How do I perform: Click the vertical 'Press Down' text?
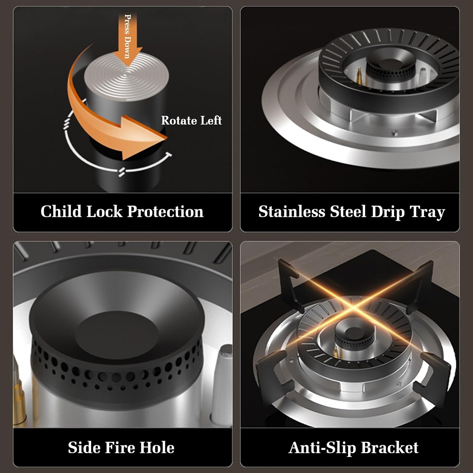coord(128,36)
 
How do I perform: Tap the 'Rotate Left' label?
coord(191,120)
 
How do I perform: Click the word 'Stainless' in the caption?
coord(292,211)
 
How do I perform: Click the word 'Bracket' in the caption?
coord(390,447)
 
